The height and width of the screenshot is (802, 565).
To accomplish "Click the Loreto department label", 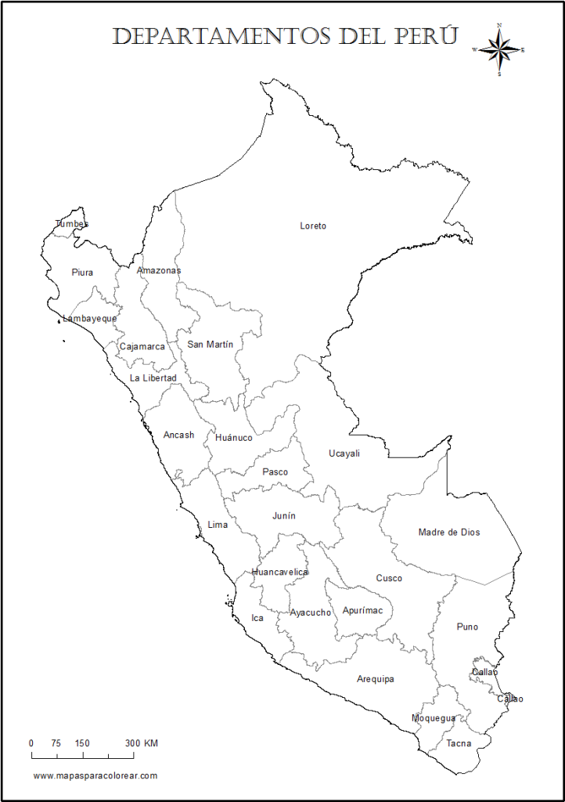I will tap(313, 226).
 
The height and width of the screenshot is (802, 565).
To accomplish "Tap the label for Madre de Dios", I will tap(449, 533).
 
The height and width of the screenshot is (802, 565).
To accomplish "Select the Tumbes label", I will tap(72, 224).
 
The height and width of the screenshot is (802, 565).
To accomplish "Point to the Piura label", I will tap(82, 273).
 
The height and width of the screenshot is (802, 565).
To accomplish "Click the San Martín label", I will tap(210, 344).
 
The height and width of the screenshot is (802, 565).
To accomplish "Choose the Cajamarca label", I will tap(142, 346).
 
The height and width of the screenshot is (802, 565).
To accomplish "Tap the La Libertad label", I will tap(153, 378).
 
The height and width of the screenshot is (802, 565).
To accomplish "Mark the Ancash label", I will tap(178, 435).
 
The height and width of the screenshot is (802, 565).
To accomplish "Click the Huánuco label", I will tap(234, 438).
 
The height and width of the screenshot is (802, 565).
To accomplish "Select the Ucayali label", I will tap(344, 453).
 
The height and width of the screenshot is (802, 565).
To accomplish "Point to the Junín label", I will tap(284, 516).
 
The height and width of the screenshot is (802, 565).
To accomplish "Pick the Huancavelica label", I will tap(280, 572).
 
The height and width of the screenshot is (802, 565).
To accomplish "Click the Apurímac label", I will tap(363, 611).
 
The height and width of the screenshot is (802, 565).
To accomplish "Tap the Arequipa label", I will tap(376, 679).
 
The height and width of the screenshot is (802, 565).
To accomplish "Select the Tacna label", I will tap(459, 743).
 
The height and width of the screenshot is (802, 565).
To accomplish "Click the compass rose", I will tap(499, 49).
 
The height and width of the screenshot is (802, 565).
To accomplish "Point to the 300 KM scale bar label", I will tap(141, 743).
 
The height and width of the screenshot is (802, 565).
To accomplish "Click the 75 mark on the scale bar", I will tap(56, 743).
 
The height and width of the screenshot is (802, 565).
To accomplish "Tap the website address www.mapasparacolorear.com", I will tap(95, 775).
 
